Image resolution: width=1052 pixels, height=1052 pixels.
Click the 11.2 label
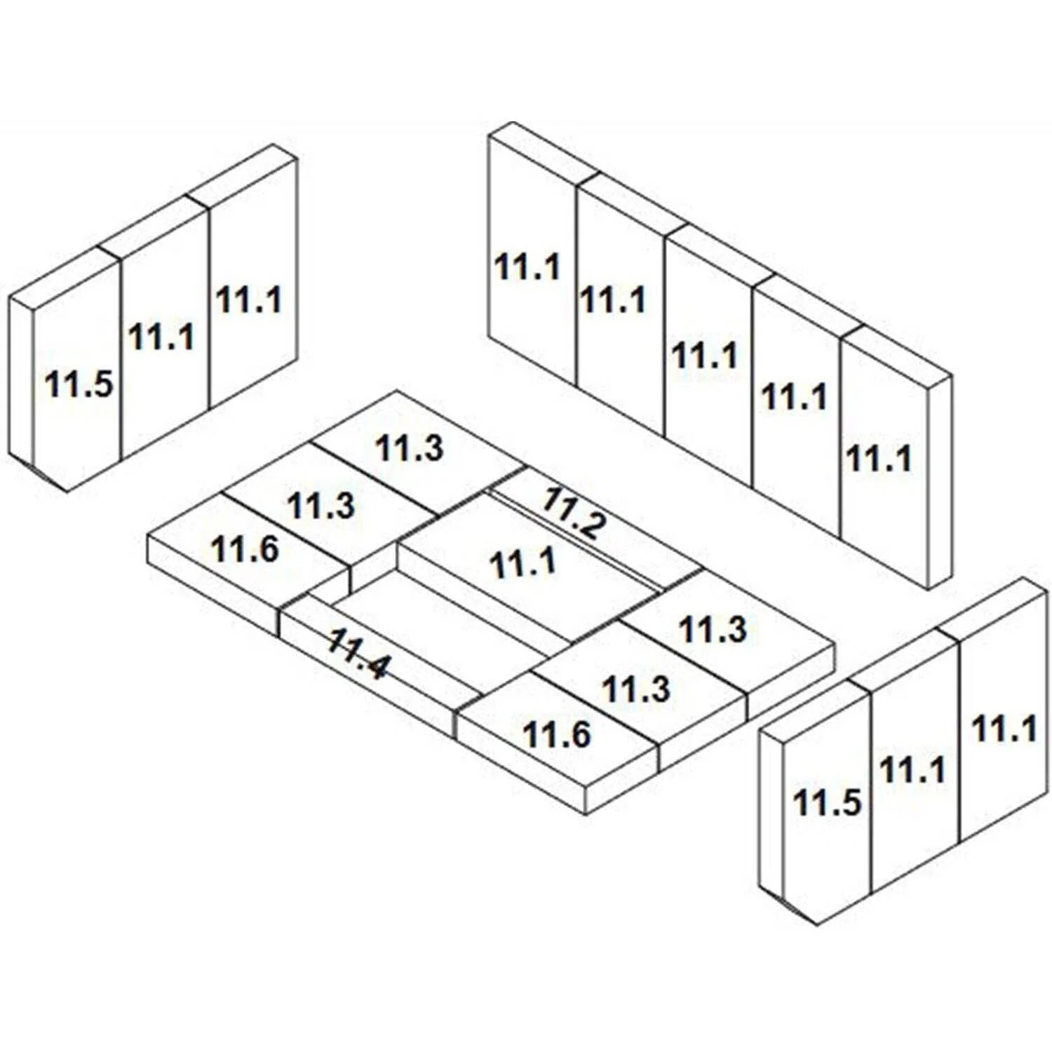coord(572,513)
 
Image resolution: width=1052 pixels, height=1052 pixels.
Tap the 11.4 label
coord(357,654)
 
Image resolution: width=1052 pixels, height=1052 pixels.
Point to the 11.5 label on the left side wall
coord(79,384)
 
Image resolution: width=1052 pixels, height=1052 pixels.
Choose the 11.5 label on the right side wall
coord(827,802)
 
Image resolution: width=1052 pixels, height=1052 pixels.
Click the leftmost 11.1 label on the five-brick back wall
coord(527,267)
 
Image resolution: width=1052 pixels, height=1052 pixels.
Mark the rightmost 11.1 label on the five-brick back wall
coord(879,459)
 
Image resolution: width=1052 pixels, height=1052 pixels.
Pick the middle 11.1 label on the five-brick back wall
coord(705,356)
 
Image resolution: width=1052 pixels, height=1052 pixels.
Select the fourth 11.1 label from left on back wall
coord(795,398)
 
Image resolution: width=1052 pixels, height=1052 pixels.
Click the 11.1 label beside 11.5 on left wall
coord(161,337)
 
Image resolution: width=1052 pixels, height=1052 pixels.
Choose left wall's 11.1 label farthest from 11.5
coord(249,299)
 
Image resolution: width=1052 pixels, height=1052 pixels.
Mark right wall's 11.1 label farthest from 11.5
coord(1004,729)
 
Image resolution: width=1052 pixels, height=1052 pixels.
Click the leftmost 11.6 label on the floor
coord(245,549)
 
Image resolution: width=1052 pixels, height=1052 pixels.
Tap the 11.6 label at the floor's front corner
coord(558,735)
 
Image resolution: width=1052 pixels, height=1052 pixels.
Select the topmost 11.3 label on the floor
coord(410,448)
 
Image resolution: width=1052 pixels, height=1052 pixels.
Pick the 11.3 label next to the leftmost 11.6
coord(322,506)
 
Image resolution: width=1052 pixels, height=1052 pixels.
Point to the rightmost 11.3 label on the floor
coord(713,629)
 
